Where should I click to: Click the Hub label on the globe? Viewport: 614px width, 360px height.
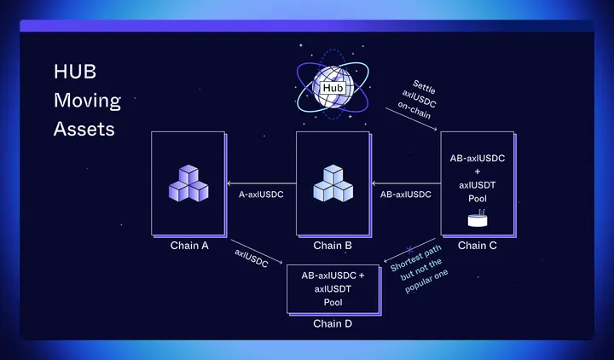tap(332, 87)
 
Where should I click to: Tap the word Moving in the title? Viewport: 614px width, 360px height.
tap(87, 102)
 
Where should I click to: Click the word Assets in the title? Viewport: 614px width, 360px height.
tap(84, 130)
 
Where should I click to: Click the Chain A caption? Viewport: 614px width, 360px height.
tap(188, 246)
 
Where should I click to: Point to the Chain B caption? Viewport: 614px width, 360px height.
tap(333, 246)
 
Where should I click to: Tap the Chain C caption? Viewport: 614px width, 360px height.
tap(478, 246)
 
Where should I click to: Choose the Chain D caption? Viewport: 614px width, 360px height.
tap(333, 323)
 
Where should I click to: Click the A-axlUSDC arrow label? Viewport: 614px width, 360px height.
tap(261, 195)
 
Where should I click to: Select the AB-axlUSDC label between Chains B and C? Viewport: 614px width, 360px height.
tap(405, 195)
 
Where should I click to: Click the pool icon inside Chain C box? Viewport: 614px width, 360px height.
tap(478, 220)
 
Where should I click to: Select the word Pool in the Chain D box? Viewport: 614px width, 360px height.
tap(333, 302)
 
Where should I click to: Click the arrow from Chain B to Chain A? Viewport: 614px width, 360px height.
tap(260, 182)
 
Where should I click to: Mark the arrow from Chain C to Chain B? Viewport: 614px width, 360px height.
tap(405, 182)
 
